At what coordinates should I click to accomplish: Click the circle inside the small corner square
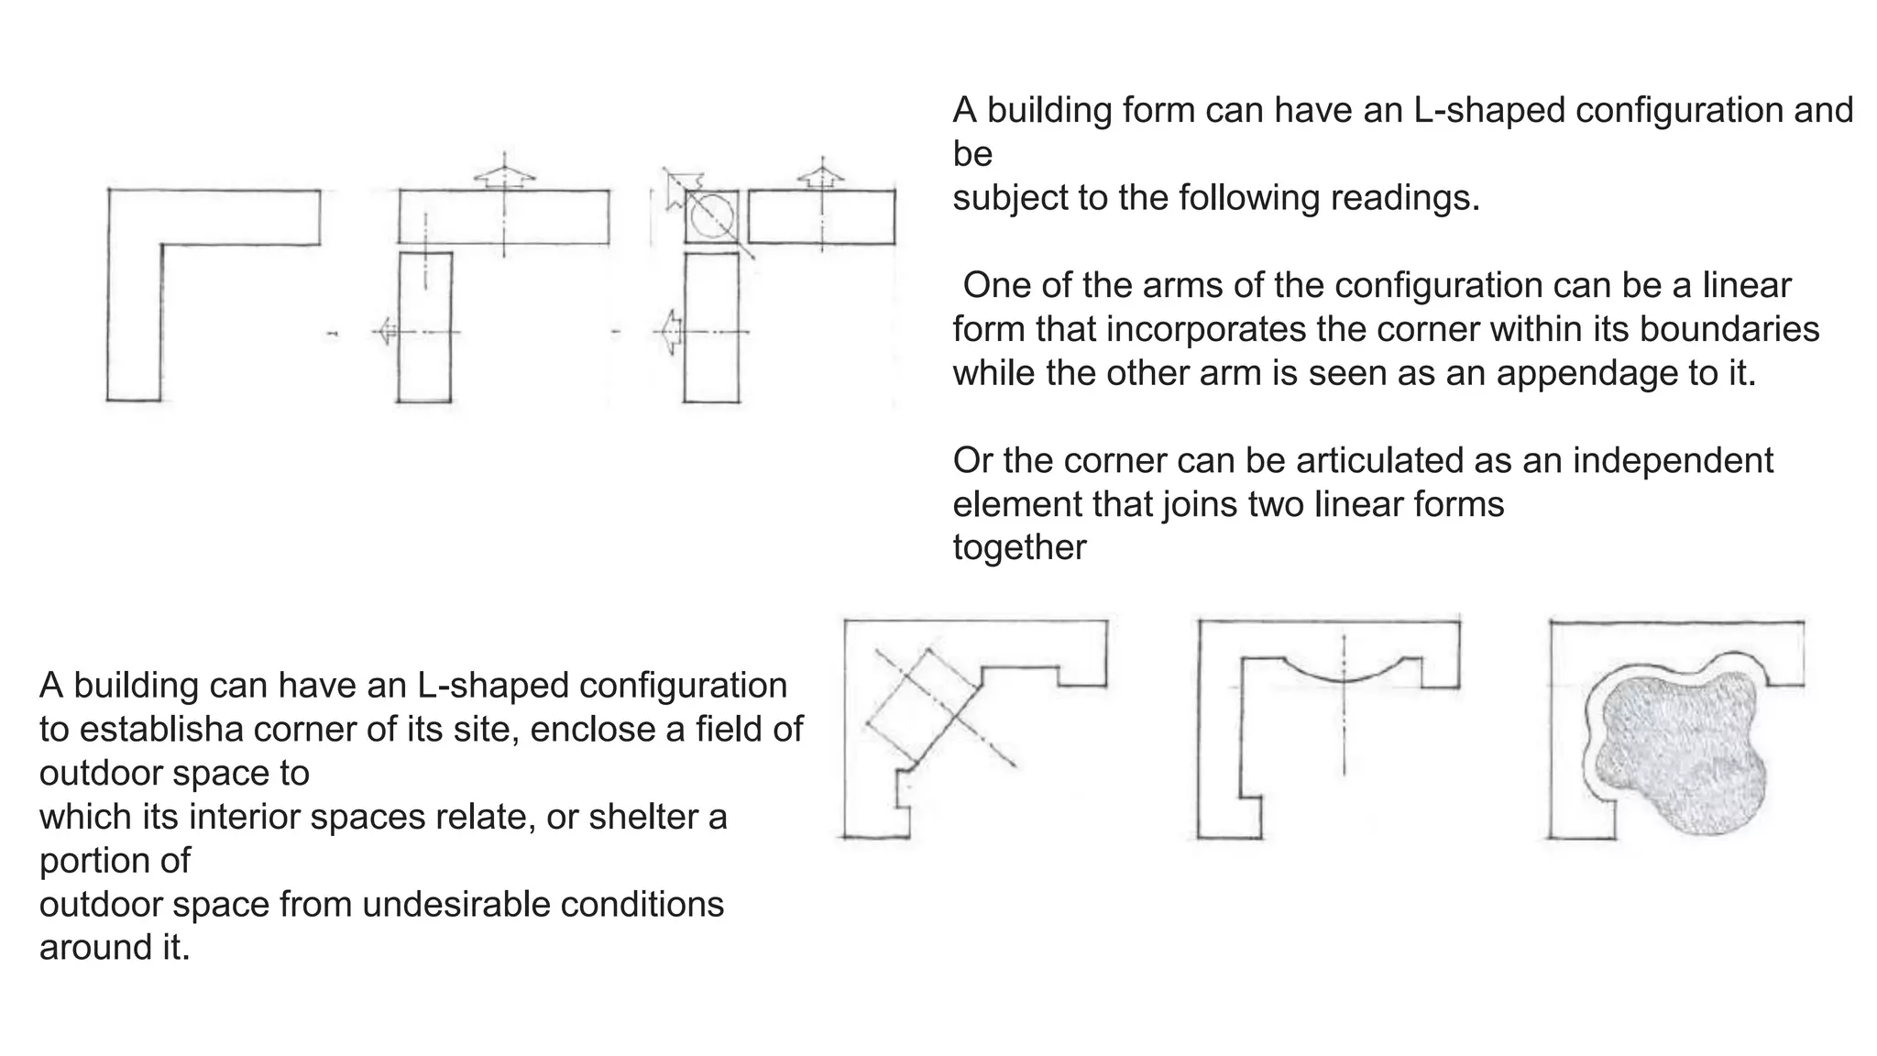tap(711, 217)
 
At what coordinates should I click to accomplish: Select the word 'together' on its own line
tap(1019, 547)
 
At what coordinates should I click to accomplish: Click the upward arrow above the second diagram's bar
tap(504, 177)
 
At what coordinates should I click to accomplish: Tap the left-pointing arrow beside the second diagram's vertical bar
tap(386, 331)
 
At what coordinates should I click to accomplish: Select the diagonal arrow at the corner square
tap(680, 187)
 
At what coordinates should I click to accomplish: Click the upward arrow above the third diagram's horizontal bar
tap(821, 175)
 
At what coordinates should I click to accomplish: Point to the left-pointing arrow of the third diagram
tap(671, 331)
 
